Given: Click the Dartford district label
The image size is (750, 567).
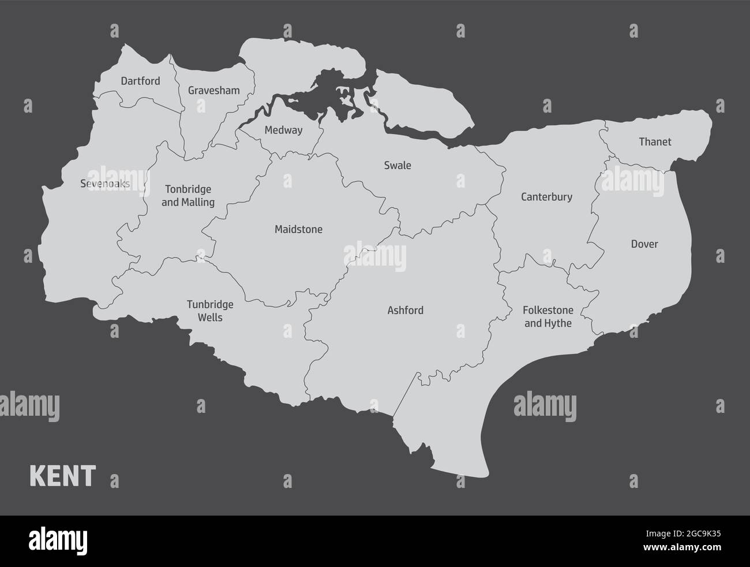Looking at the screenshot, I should (x=140, y=81).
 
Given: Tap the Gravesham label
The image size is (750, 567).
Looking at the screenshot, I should (x=213, y=91).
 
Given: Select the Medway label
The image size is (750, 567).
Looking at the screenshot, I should (x=283, y=130).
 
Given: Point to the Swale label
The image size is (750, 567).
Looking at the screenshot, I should (x=397, y=166).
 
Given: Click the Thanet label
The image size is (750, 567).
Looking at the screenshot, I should (x=655, y=141).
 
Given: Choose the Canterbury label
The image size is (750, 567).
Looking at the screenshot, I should (x=546, y=197).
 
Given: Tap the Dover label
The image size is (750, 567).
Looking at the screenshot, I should (x=644, y=244).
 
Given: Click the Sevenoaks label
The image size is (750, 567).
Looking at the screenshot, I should (x=105, y=184).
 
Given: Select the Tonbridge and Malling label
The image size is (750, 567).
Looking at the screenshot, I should (x=188, y=196).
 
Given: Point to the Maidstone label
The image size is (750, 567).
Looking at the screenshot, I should (x=298, y=230).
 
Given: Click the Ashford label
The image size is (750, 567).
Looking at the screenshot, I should (x=405, y=311).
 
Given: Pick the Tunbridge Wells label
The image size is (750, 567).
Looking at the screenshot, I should (x=210, y=311).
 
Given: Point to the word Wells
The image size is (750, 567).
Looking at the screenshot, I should (x=210, y=318).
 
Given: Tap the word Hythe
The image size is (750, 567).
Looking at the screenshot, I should (x=558, y=323).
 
